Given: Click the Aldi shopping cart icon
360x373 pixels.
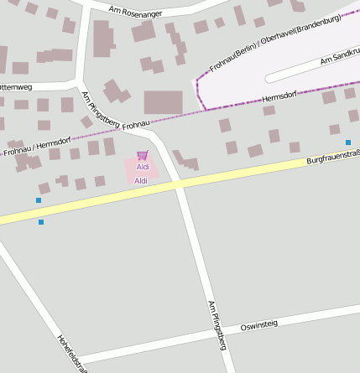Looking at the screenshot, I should (x=142, y=155).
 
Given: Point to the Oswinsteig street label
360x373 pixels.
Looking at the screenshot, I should (x=258, y=324).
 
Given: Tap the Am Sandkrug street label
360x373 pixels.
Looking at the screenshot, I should (x=340, y=58).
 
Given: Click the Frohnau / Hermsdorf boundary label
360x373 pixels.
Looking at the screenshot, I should (x=37, y=147).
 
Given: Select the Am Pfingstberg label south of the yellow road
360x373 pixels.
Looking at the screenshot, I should (x=217, y=324).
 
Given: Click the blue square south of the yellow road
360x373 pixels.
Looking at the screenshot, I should (x=41, y=222).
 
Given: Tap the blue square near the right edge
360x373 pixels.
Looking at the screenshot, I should (x=348, y=142).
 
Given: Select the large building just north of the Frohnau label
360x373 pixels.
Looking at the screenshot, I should (x=163, y=102).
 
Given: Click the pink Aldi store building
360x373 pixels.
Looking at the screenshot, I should (x=142, y=170).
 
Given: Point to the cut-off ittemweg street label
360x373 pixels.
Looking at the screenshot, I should (x=16, y=86).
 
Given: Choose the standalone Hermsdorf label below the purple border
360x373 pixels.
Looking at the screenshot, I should (x=279, y=99).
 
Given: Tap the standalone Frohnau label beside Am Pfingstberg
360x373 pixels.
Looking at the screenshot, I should (x=135, y=126).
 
